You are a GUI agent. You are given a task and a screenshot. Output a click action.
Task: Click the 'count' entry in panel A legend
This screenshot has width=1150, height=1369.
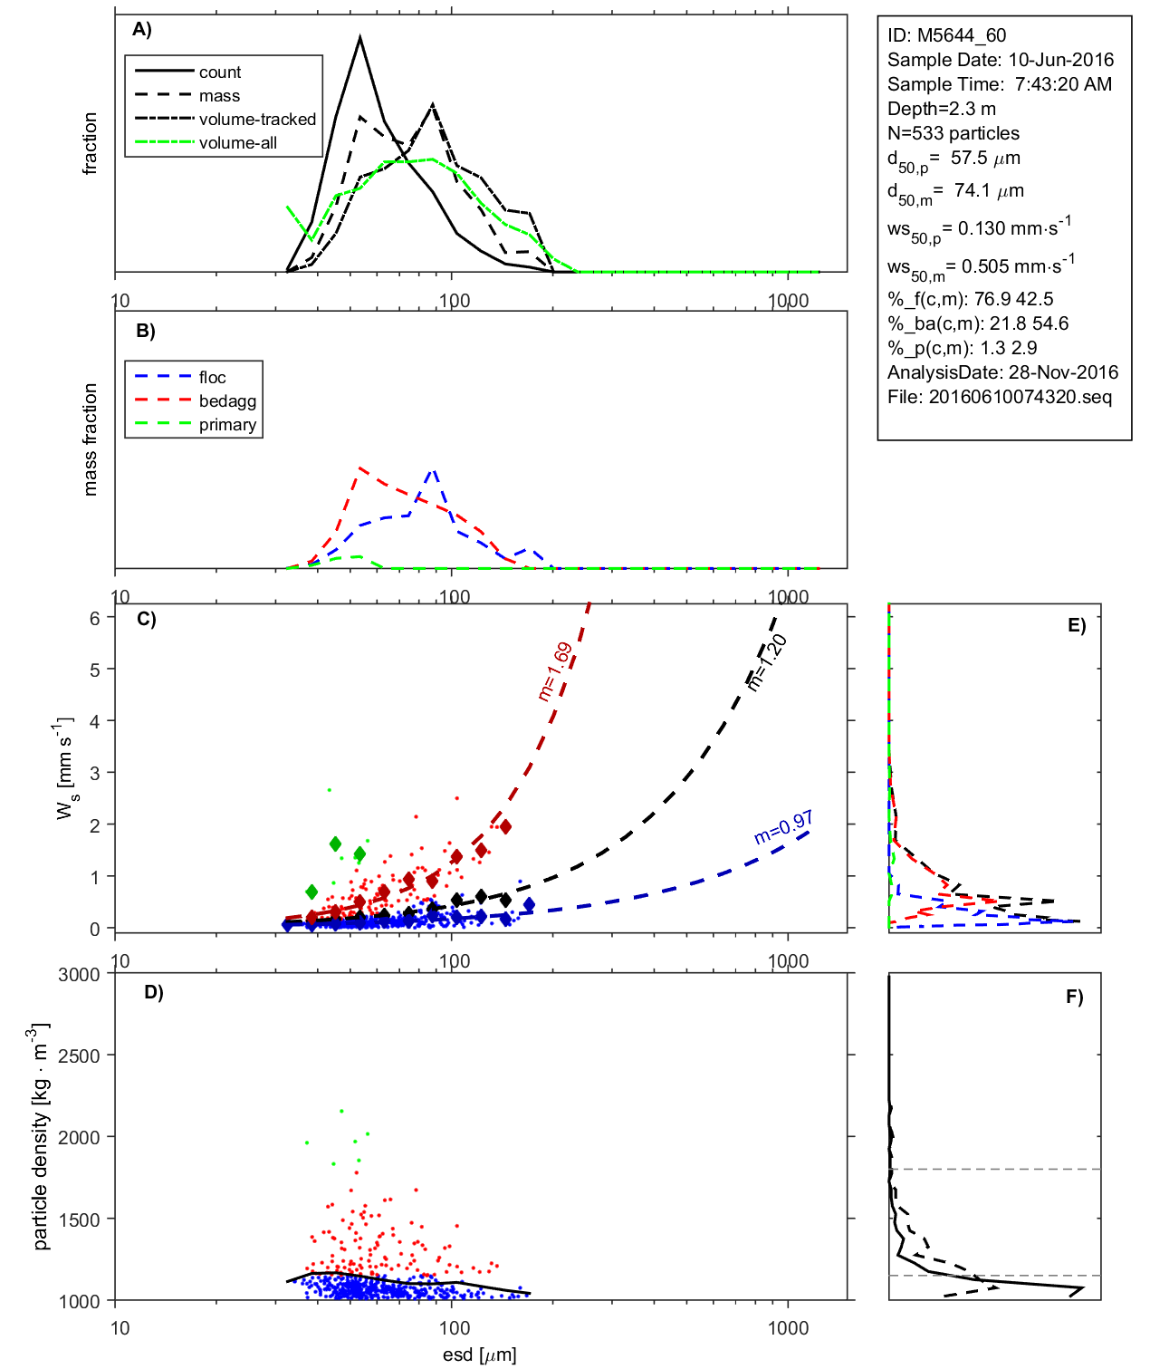[x=220, y=72]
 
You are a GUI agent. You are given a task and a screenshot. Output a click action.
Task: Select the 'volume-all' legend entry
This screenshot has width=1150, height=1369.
[x=237, y=143]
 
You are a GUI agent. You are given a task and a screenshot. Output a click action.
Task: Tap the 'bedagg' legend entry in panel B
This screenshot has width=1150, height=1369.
[x=227, y=401]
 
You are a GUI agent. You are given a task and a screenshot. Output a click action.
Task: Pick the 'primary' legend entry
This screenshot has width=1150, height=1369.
[x=227, y=425]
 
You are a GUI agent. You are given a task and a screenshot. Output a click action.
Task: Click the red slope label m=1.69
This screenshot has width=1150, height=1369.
[x=554, y=671]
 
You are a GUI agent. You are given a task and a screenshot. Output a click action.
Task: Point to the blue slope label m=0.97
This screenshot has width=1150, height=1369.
[x=783, y=827]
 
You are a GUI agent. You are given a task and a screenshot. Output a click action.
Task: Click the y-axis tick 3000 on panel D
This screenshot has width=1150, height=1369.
[x=79, y=975]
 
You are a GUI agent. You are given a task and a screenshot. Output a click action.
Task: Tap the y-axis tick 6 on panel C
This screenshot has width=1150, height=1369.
[x=94, y=618]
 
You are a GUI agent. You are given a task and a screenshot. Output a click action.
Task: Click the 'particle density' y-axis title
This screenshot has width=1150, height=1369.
[x=40, y=1137]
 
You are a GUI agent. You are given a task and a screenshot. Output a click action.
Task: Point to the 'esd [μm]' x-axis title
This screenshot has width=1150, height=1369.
[x=479, y=1355]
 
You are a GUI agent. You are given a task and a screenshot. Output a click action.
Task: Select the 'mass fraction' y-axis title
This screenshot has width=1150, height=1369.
[x=90, y=439]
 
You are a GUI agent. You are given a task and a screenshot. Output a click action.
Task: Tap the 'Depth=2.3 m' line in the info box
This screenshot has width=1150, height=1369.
[x=941, y=109]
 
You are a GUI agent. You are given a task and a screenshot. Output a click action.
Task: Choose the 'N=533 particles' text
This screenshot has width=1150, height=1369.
[x=953, y=133]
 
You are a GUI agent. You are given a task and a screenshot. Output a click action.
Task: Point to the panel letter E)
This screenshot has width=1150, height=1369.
[x=1076, y=625]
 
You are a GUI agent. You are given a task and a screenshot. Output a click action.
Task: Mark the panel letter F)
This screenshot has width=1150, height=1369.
[x=1074, y=997]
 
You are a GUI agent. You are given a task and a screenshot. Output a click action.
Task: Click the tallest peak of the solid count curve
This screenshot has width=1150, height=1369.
[x=360, y=37]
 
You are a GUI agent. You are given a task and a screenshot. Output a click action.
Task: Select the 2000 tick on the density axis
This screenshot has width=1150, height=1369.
[x=79, y=1138]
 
